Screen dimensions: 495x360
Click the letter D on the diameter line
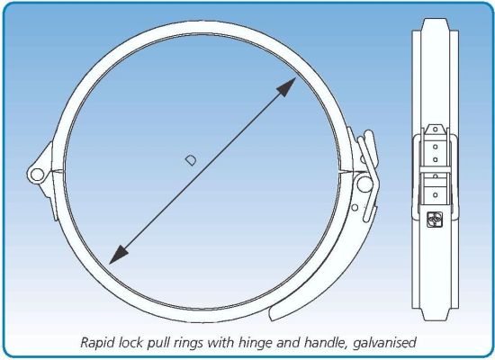[x=191, y=160]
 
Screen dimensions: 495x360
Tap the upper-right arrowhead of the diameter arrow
[x=287, y=86]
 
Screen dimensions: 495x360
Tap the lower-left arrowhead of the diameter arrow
[x=118, y=255]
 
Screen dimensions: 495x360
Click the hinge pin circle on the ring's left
[x=37, y=175]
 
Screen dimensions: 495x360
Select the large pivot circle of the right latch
[x=364, y=184]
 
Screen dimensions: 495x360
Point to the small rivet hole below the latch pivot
[x=355, y=208]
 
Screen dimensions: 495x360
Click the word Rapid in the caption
[x=94, y=343]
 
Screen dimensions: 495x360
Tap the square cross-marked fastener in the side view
[x=435, y=220]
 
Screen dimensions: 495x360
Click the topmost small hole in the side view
[x=436, y=130]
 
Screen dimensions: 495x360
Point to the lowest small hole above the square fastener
[x=436, y=195]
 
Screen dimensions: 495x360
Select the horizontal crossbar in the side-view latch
[x=435, y=169]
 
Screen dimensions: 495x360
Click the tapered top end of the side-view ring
[x=435, y=24]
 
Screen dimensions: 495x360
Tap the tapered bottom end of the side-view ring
[x=435, y=315]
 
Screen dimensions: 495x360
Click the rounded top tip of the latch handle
[x=368, y=134]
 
